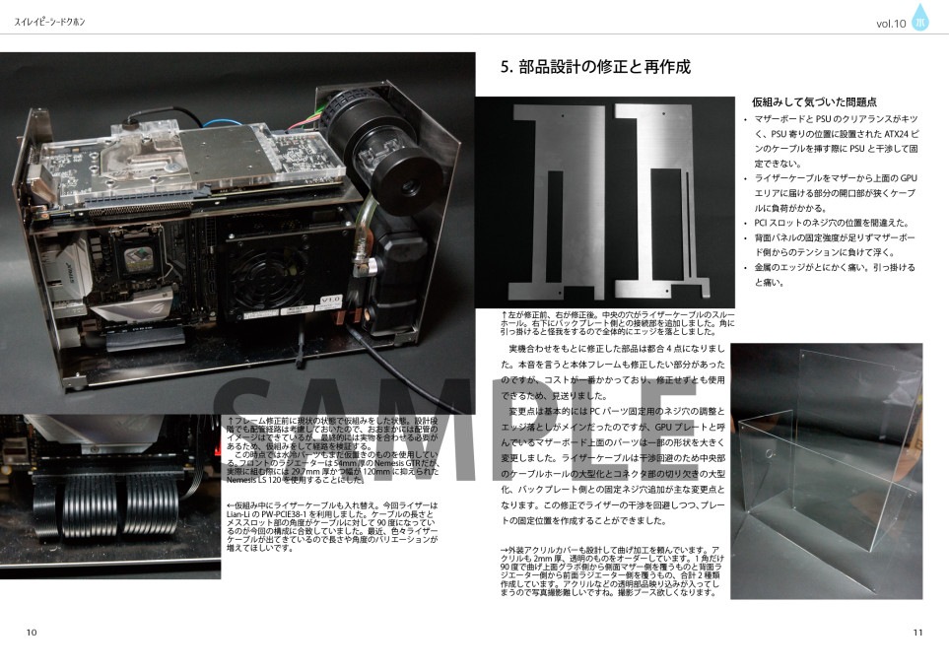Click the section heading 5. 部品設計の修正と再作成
click(x=594, y=69)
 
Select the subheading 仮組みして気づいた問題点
click(x=814, y=102)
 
